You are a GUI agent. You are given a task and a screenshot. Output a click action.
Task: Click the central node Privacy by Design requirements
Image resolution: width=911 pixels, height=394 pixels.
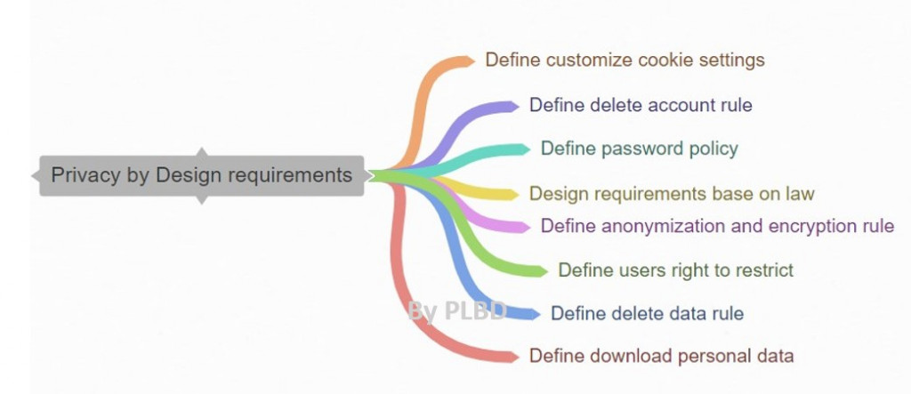201,175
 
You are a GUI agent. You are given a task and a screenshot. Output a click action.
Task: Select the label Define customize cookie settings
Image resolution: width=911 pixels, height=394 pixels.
625,60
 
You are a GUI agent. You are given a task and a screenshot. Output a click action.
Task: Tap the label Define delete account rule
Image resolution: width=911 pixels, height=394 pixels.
641,105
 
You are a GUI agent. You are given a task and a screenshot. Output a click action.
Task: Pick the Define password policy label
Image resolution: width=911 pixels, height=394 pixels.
640,149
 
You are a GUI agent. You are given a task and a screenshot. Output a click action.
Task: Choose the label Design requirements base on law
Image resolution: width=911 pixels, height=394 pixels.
672,193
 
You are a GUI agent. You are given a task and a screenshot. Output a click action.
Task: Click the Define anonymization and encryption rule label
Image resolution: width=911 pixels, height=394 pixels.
717,226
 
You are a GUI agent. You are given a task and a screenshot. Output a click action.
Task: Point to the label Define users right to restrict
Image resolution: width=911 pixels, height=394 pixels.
675,269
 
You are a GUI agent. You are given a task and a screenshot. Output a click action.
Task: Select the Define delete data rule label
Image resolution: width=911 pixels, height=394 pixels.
647,313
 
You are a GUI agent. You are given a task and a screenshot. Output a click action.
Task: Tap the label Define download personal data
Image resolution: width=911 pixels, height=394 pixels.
661,357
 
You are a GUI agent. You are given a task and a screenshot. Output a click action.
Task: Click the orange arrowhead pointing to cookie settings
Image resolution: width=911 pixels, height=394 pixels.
468,61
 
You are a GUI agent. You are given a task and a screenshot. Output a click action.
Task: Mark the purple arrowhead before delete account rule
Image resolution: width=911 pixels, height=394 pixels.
512,106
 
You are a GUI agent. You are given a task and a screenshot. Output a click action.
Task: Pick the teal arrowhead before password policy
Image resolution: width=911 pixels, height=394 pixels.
523,149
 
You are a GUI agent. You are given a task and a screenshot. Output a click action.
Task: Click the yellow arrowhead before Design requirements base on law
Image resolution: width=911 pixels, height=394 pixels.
512,194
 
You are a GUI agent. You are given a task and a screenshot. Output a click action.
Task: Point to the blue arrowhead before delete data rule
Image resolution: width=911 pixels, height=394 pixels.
533,314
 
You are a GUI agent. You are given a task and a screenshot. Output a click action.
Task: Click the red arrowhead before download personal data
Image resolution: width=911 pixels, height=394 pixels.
512,357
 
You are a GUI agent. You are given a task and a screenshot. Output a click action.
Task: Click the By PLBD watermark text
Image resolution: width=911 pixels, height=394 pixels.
457,310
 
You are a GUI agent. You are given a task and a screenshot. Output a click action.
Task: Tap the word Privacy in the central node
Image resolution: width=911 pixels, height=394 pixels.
85,175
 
